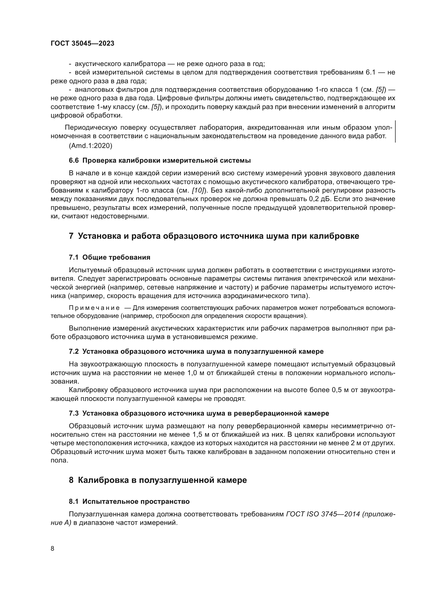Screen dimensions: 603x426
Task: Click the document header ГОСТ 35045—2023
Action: pyautogui.click(x=82, y=44)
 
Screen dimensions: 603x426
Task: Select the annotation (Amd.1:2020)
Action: pyautogui.click(x=90, y=146)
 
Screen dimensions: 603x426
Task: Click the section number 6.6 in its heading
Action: pyautogui.click(x=74, y=161)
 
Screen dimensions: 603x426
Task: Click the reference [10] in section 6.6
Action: pyautogui.click(x=198, y=191)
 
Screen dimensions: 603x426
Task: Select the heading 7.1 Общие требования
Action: pyautogui.click(x=110, y=257)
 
